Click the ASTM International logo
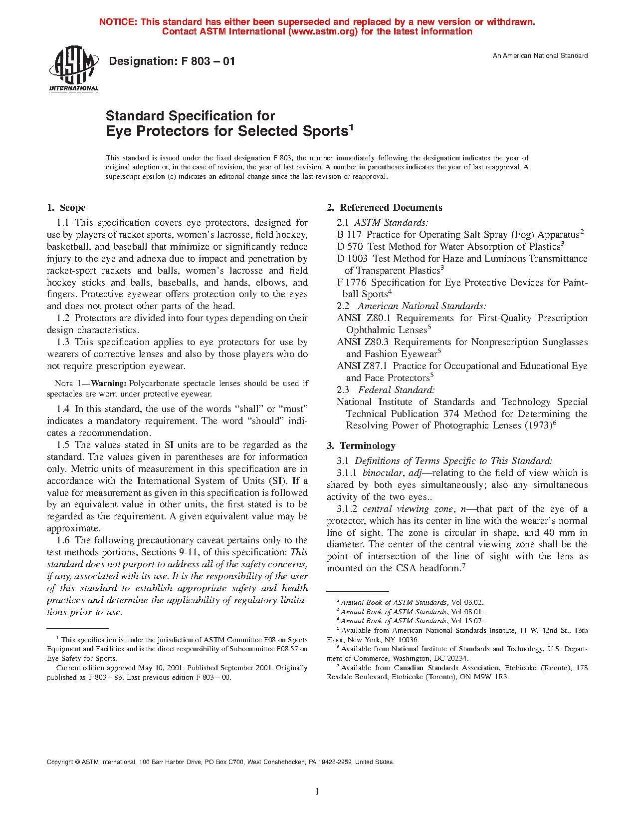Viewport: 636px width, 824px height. pos(73,69)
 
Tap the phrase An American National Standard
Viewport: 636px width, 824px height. pos(540,56)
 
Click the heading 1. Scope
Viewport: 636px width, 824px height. pos(66,208)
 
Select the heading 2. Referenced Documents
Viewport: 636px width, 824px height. pos(384,208)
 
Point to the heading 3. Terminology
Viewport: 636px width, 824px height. pos(361,446)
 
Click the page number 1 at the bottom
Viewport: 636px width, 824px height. pos(317,791)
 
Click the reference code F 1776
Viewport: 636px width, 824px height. pos(352,283)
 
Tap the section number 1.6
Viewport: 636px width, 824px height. pos(63,540)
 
